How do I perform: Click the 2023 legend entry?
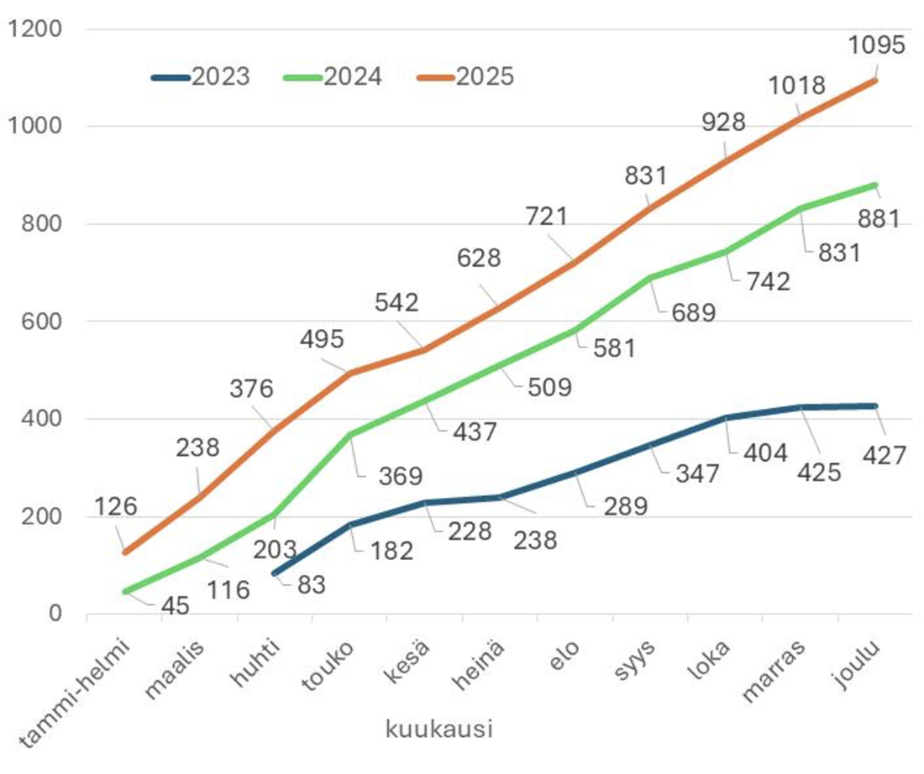click(x=202, y=77)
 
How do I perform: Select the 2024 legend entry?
click(x=333, y=77)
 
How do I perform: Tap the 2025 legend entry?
click(x=465, y=77)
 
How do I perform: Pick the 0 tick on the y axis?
click(x=55, y=614)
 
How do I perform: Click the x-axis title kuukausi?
click(x=438, y=729)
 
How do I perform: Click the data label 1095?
click(x=877, y=44)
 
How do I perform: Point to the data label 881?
click(x=876, y=219)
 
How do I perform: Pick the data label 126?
click(x=115, y=507)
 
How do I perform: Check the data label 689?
click(x=693, y=313)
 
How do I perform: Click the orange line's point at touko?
click(x=349, y=373)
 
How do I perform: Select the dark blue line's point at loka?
click(x=727, y=417)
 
